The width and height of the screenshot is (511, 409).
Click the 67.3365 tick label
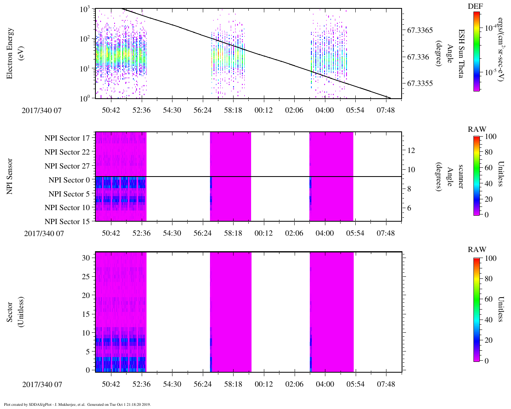(420, 30)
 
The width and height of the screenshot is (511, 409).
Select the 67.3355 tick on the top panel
(420, 84)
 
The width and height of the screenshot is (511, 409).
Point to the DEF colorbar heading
(475, 6)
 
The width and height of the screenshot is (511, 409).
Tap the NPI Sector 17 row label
(67, 138)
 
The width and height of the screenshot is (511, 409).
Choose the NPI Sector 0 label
(69, 180)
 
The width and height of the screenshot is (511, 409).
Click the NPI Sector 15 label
(67, 222)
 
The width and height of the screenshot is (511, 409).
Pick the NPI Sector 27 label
(67, 166)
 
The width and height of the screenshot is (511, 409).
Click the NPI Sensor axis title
(10, 177)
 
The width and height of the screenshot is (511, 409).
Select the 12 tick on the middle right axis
(411, 151)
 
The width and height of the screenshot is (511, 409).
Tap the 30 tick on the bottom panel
(86, 258)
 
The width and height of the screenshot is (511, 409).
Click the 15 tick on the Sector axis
(86, 314)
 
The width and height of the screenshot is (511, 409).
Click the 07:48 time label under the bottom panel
(386, 384)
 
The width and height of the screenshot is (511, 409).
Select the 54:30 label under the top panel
(172, 110)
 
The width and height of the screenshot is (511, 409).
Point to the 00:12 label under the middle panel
(264, 233)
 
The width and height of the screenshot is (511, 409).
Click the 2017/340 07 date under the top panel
(42, 111)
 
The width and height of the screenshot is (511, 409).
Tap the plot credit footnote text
(77, 405)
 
